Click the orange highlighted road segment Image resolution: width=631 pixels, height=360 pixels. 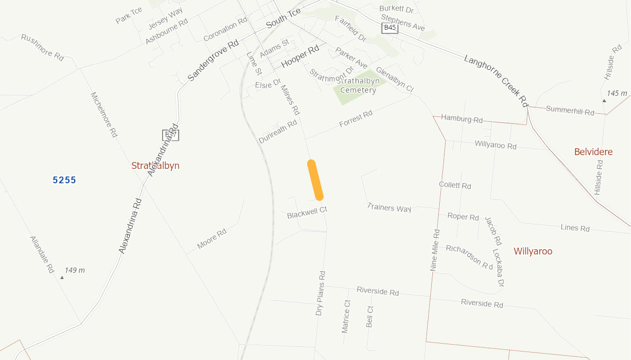coord(315,180)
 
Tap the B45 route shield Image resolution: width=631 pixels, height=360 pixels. coord(389,28)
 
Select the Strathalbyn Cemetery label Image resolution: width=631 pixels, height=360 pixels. coord(358,85)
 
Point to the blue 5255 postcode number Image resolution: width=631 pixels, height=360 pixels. coord(65,180)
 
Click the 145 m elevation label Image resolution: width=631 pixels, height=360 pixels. coord(617,93)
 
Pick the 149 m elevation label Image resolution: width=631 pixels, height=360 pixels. coord(74,270)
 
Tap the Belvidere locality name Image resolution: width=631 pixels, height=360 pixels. coord(593,152)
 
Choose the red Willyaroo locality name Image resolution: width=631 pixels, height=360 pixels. coord(533,251)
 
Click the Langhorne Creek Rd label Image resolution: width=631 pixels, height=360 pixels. coord(496,81)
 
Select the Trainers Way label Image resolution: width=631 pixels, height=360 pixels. coord(389,208)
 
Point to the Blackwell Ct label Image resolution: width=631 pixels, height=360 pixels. coord(307,213)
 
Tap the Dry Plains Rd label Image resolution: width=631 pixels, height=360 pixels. coord(321,294)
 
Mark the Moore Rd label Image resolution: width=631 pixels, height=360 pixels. coord(211,239)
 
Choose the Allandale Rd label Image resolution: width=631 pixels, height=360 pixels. coord(42,255)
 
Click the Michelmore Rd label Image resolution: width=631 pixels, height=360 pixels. coord(104,115)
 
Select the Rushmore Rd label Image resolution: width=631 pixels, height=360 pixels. coord(42,48)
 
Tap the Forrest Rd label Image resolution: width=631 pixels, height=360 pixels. coord(356,119)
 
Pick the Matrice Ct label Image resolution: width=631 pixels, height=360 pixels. coord(346,317)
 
